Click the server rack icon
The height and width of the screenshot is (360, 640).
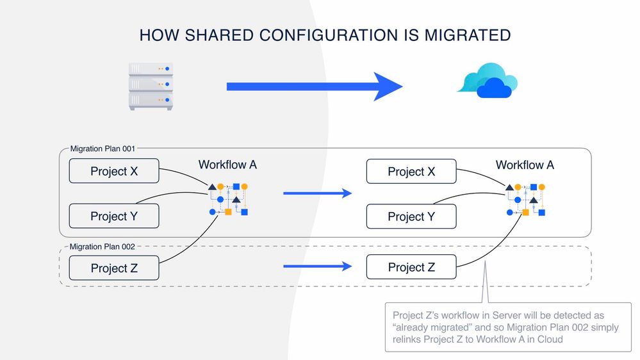pyautogui.click(x=151, y=86)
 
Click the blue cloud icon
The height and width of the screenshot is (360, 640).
pyautogui.click(x=488, y=81)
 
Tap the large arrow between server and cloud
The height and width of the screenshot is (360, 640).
pyautogui.click(x=314, y=86)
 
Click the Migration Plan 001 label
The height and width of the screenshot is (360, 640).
pyautogui.click(x=103, y=149)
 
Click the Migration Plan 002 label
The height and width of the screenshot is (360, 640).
pyautogui.click(x=103, y=247)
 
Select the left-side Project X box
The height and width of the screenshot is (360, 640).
pyautogui.click(x=113, y=172)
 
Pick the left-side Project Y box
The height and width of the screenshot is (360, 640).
pyautogui.click(x=113, y=217)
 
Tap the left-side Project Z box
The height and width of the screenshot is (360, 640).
pyautogui.click(x=113, y=268)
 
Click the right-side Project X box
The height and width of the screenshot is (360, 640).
pyautogui.click(x=411, y=172)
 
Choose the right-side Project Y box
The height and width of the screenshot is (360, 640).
pyautogui.click(x=411, y=217)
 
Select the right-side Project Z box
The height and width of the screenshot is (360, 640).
pyautogui.click(x=411, y=267)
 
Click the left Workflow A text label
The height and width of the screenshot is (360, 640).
pyautogui.click(x=227, y=165)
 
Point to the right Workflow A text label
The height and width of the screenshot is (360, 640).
pyautogui.click(x=525, y=165)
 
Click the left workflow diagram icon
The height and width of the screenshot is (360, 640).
pyautogui.click(x=228, y=199)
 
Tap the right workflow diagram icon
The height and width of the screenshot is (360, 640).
pyautogui.click(x=525, y=199)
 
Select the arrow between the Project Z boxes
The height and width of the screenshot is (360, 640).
pyautogui.click(x=317, y=266)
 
